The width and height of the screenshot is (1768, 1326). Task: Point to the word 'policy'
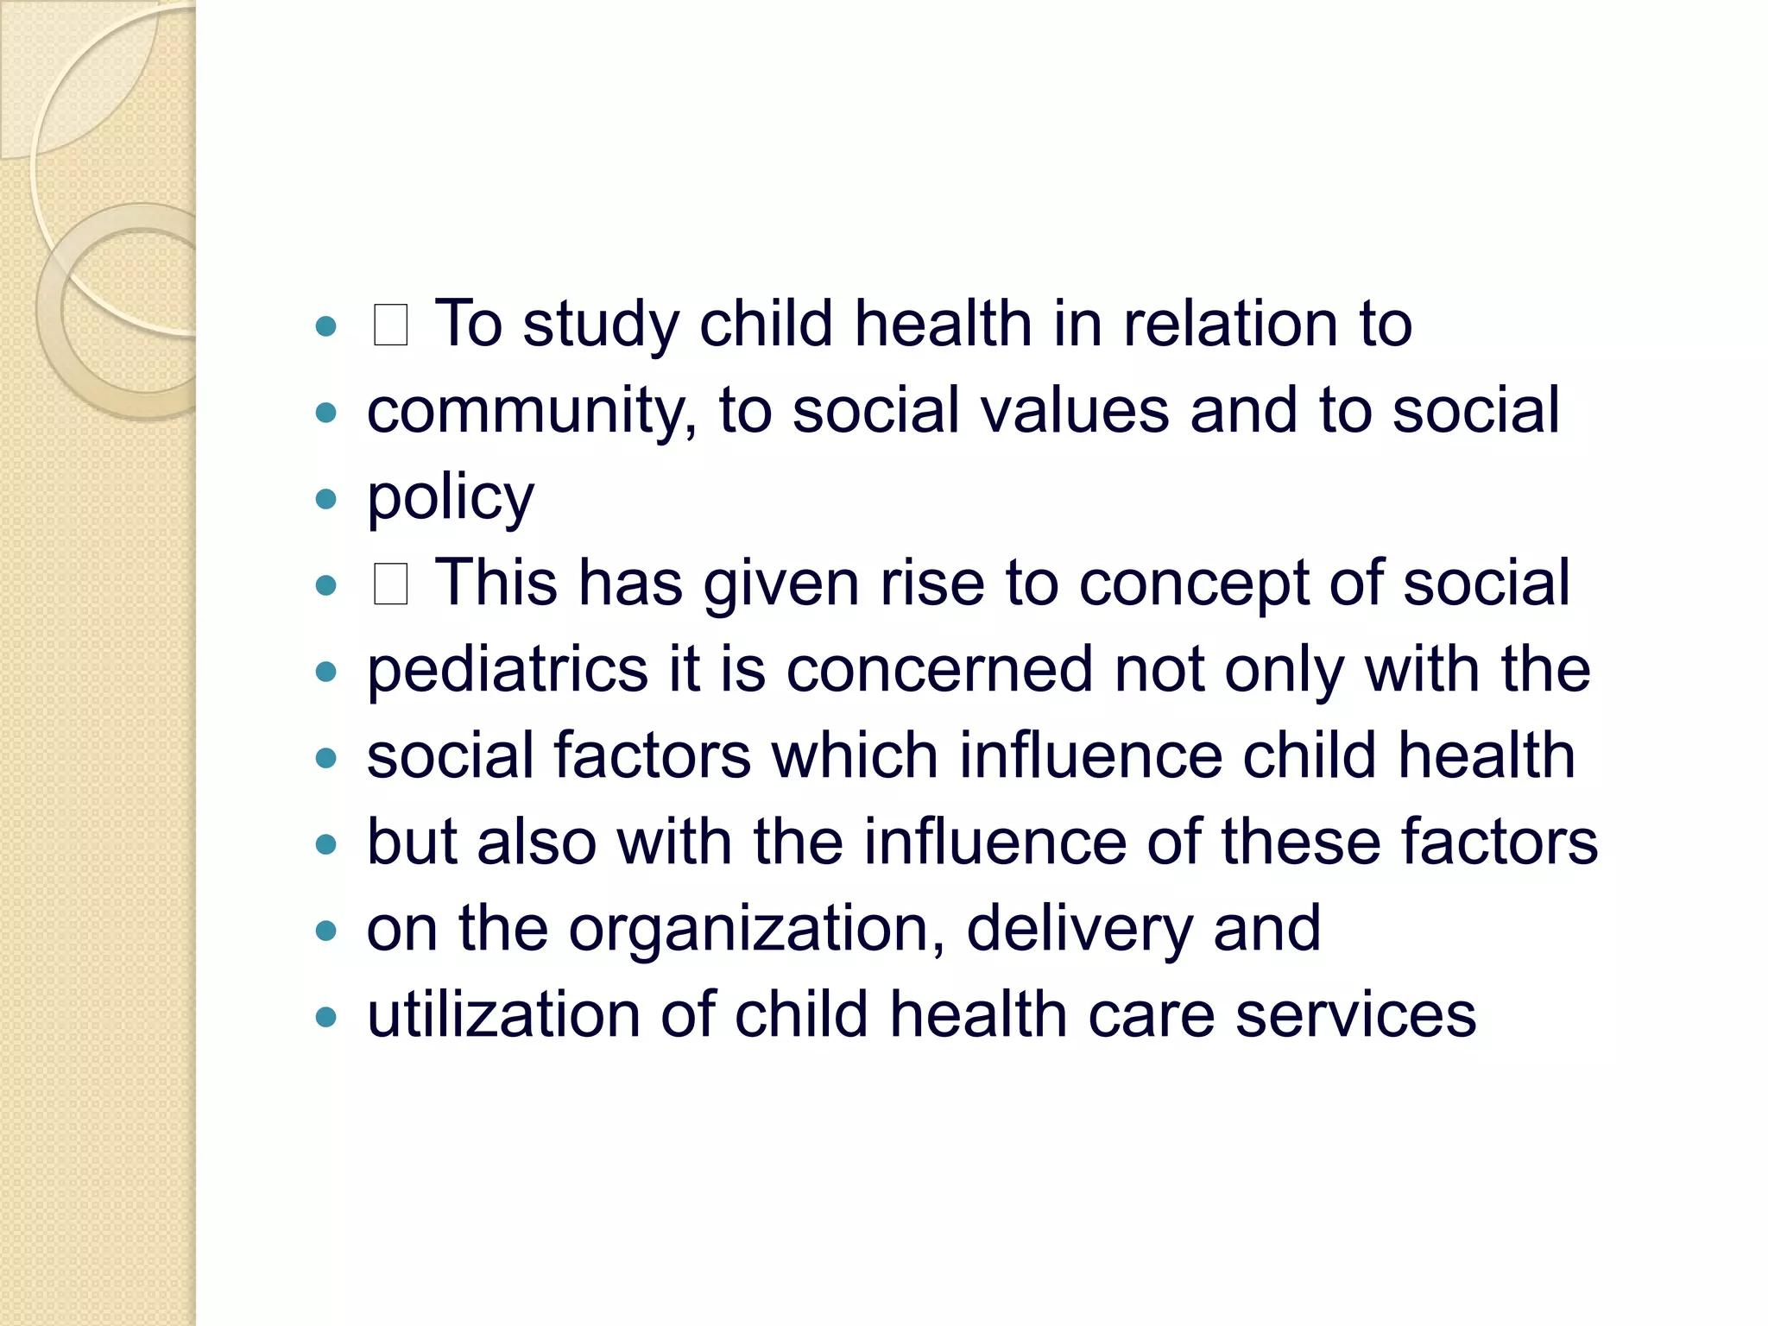451,499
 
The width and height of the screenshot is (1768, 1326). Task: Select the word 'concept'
1194,584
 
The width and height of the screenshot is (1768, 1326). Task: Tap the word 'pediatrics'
508,670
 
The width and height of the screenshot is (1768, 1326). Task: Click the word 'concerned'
939,670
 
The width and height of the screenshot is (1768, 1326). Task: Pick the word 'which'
855,756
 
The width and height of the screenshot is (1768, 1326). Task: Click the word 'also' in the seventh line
536,843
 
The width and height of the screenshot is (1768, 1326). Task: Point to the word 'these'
1300,843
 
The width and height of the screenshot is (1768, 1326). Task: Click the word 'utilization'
503,1015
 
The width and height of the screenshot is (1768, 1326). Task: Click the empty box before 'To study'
390,325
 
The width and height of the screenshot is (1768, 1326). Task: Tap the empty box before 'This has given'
390,584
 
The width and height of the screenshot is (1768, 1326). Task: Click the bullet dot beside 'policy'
325,499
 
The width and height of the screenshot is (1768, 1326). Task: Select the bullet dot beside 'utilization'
325,1017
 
